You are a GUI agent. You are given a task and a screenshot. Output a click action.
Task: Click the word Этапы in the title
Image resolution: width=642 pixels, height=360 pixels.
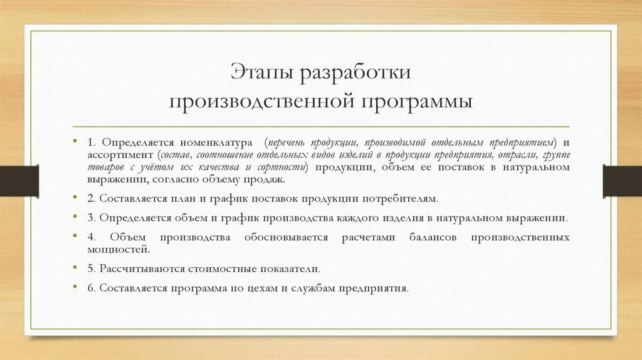(x=261, y=73)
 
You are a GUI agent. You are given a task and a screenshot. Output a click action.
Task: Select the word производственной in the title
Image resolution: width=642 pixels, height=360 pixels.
(x=261, y=102)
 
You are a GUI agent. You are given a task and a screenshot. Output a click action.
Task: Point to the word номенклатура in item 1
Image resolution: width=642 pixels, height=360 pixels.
(x=216, y=142)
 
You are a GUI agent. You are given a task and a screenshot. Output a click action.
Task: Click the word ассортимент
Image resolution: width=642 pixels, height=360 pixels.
(x=120, y=155)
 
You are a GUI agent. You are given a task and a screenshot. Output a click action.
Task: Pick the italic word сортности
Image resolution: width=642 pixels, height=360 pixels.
(x=282, y=167)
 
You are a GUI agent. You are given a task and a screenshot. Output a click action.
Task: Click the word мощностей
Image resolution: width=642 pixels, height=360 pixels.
(x=118, y=249)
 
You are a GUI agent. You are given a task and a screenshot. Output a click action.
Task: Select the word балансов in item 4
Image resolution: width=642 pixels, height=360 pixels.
(x=433, y=238)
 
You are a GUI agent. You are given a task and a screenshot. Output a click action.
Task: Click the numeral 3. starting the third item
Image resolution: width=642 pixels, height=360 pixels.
(x=92, y=218)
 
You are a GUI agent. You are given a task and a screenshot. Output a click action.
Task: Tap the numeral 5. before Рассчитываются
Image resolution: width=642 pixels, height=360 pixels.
(x=92, y=269)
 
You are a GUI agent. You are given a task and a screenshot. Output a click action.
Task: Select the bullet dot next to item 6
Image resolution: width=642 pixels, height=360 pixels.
(x=75, y=287)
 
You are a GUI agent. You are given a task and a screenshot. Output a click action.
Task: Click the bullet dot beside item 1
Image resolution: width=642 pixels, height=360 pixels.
(x=75, y=141)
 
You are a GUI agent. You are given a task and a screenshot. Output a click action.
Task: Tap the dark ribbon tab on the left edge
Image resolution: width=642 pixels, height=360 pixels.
(x=19, y=181)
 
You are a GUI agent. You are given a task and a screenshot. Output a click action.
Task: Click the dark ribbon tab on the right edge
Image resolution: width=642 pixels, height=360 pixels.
(x=623, y=181)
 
